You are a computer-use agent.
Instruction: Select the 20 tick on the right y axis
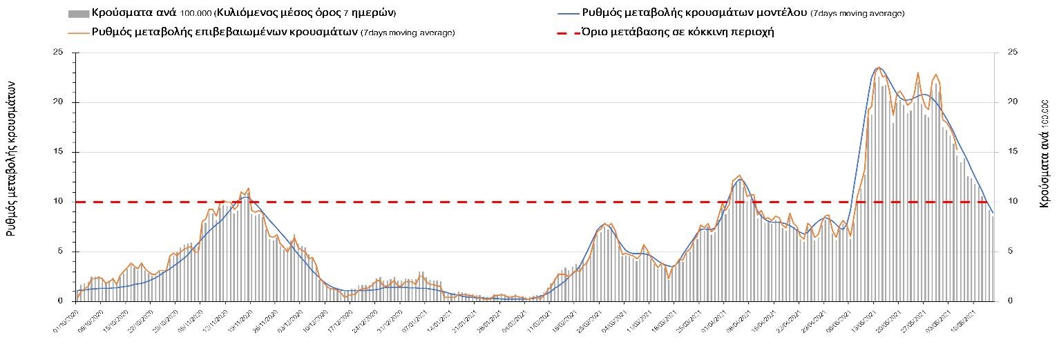coord(1013,102)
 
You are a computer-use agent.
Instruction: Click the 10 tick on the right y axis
coord(1013,202)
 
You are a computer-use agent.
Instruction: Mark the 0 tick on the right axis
coord(1011,301)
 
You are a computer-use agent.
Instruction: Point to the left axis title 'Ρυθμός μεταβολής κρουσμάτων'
coord(12,158)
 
